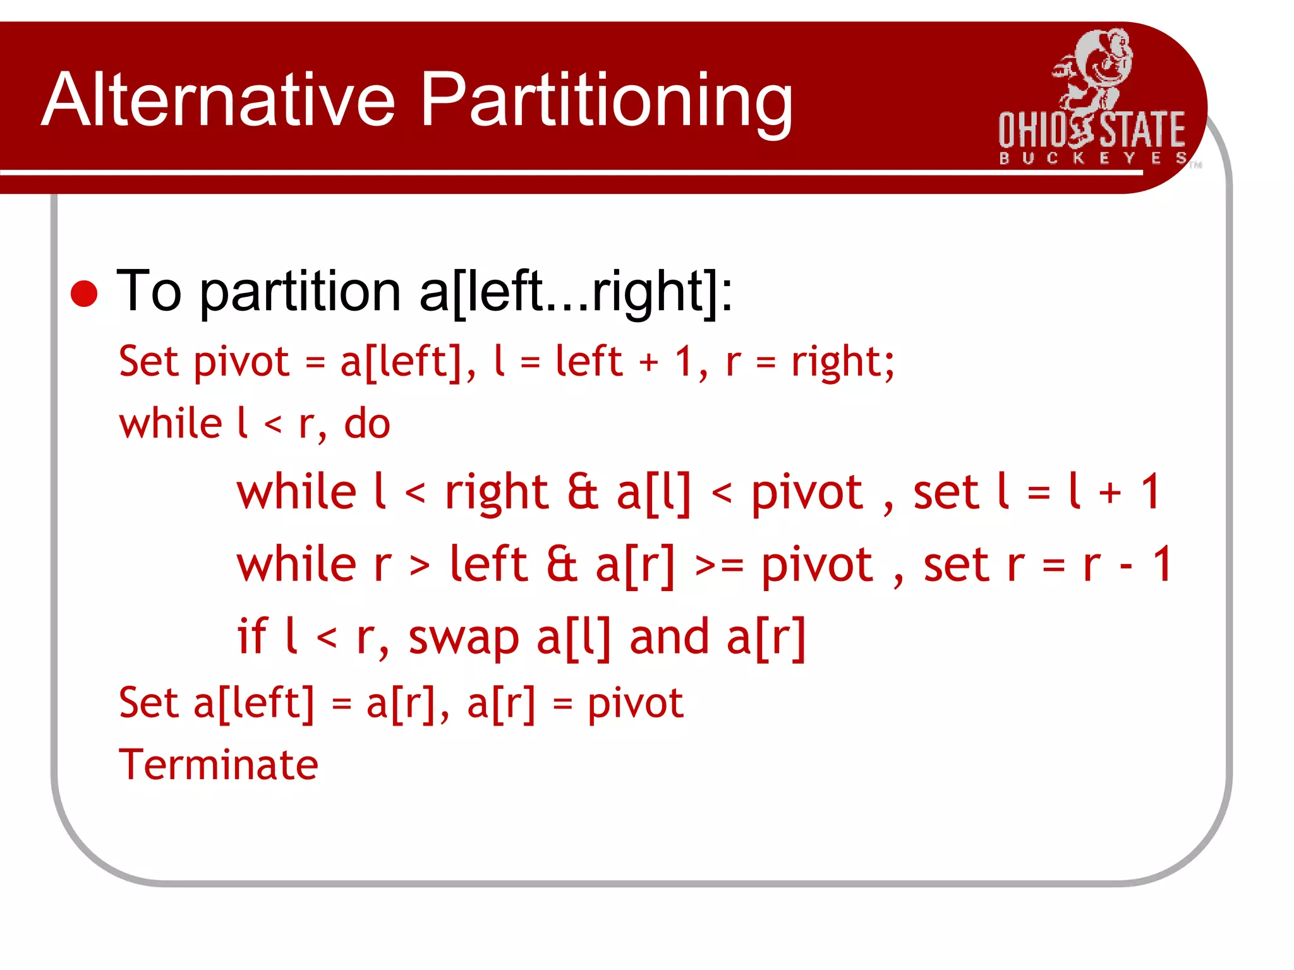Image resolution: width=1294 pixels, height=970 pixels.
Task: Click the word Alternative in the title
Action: [x=218, y=100]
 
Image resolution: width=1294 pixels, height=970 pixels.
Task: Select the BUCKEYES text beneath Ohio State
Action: [x=1092, y=158]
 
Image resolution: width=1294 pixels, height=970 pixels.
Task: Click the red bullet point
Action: [x=84, y=294]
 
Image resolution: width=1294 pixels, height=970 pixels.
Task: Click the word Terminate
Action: [x=219, y=765]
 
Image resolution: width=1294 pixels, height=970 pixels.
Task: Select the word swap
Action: [x=464, y=638]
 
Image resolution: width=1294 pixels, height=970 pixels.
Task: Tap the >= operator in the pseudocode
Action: [x=719, y=566]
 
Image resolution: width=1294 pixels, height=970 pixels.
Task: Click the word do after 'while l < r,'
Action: [x=366, y=424]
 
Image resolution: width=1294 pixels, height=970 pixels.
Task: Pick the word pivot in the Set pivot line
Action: [x=241, y=362]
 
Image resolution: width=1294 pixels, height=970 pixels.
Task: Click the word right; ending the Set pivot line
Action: [x=843, y=362]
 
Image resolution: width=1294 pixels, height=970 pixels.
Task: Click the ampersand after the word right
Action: [x=583, y=493]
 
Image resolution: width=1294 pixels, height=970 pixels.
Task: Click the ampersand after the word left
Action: [x=562, y=565]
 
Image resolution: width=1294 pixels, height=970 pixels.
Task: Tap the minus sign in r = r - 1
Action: [x=1125, y=566]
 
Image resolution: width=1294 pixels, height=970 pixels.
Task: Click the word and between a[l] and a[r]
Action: [x=669, y=638]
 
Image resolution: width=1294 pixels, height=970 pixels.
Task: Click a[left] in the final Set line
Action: [x=253, y=703]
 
